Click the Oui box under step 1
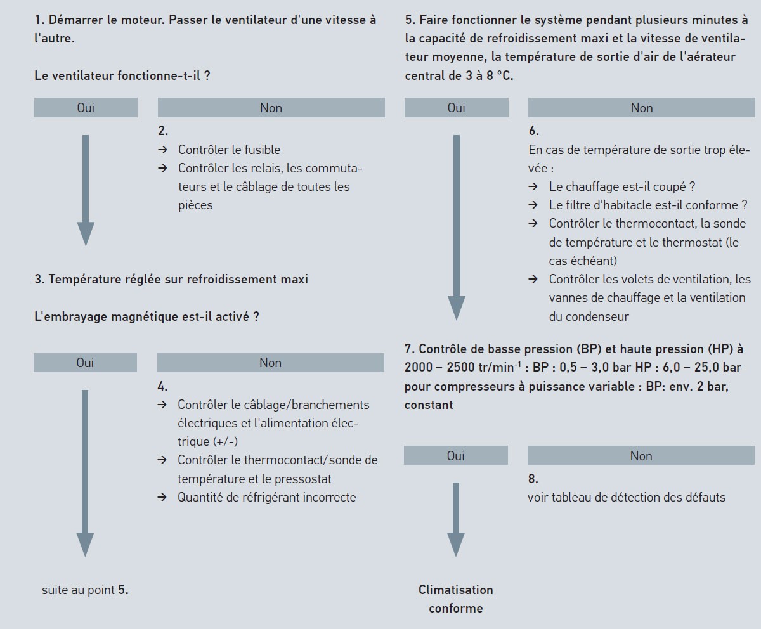coord(86,108)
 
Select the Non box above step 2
coord(271,108)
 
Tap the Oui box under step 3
coord(85,363)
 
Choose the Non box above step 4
coord(270,363)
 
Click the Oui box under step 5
coord(456,108)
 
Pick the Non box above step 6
coord(641,108)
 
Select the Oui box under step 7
coord(455,455)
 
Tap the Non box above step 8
coord(641,455)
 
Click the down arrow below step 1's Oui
coord(86,190)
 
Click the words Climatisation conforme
coord(455,599)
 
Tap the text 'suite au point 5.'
coord(85,590)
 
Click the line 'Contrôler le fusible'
coord(229,150)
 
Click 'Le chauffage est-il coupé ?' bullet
coord(621,186)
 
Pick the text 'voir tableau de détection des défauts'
coord(626,497)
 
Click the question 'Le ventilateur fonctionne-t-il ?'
coord(122,75)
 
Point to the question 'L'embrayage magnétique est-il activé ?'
coord(146,316)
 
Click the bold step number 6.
coord(533,131)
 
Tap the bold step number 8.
coord(533,479)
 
